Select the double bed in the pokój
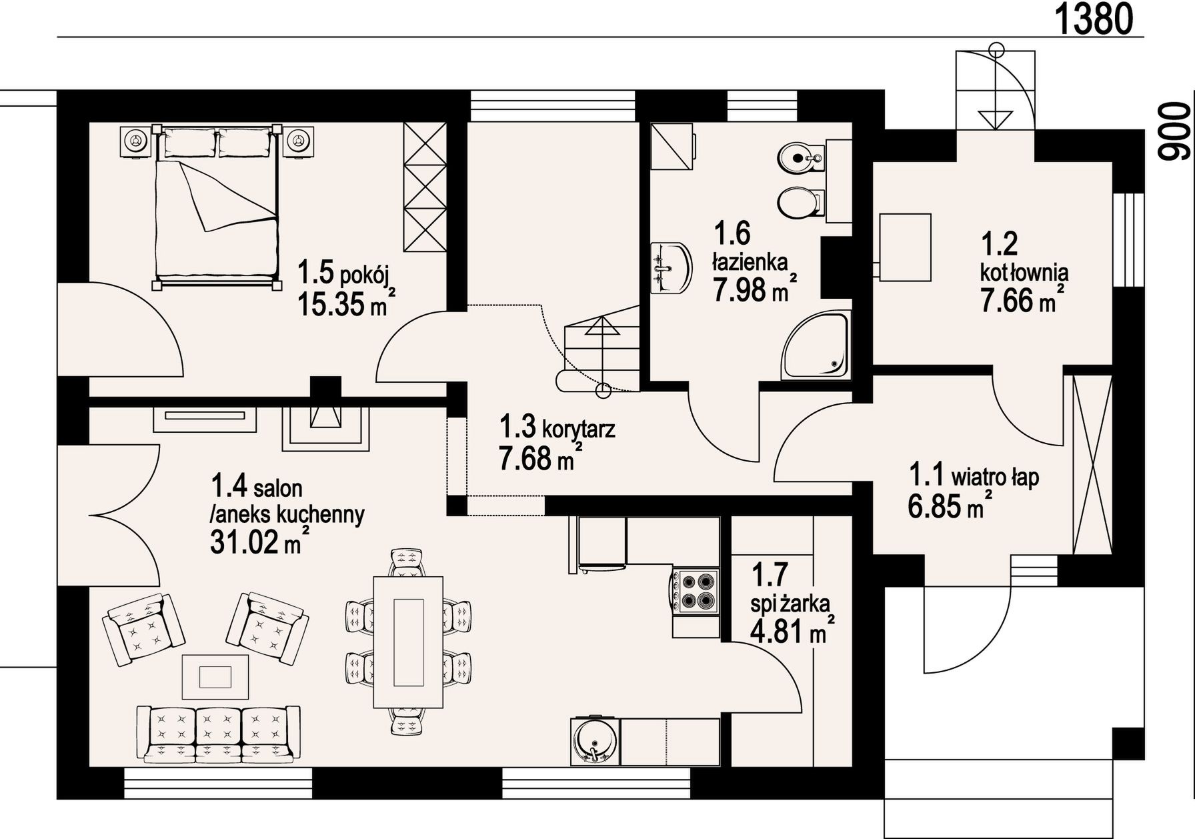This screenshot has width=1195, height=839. [x=216, y=207]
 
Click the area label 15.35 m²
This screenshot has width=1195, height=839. [x=346, y=304]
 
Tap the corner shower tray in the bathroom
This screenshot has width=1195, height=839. [x=817, y=345]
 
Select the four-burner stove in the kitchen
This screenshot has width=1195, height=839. [x=696, y=590]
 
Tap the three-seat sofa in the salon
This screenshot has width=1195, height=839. [x=217, y=734]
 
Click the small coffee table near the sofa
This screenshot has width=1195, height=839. [x=216, y=676]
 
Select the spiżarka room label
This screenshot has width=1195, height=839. [x=790, y=605]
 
